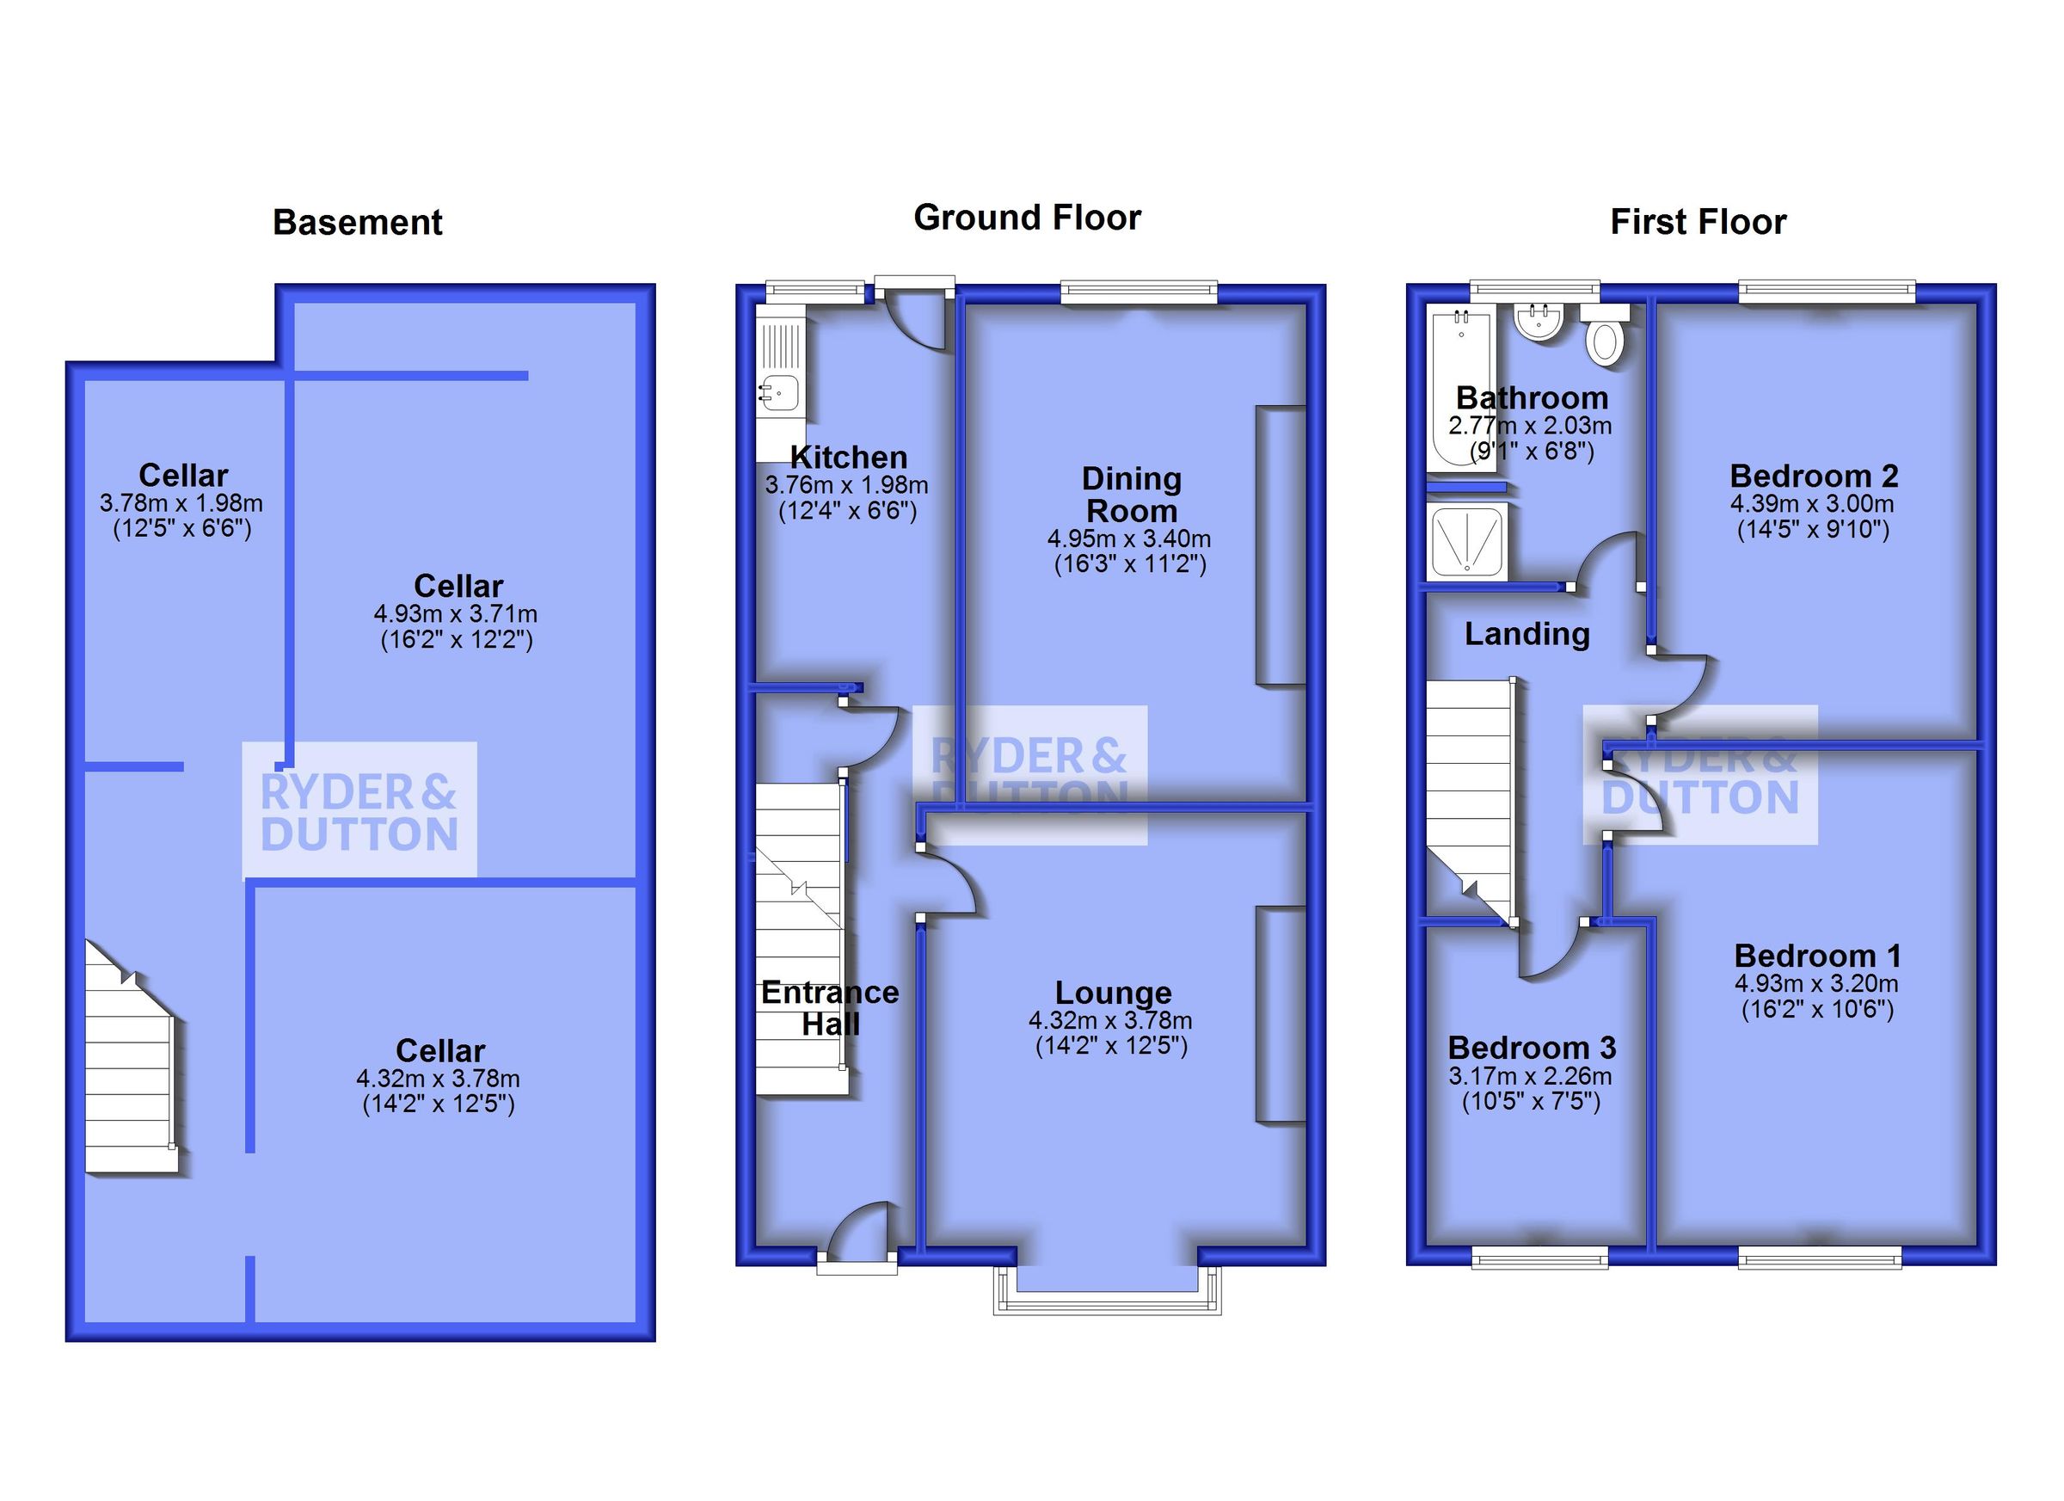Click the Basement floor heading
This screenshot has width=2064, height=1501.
click(x=357, y=223)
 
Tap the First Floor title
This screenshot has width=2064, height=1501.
click(x=1698, y=222)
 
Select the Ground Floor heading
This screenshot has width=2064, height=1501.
click(x=1027, y=218)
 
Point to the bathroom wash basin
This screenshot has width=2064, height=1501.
click(x=1538, y=322)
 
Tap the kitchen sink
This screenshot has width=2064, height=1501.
click(x=778, y=393)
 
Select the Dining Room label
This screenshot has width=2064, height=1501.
click(x=1131, y=495)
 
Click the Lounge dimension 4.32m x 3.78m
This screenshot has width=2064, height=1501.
click(x=1110, y=1020)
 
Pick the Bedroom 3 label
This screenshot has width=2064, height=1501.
click(x=1532, y=1048)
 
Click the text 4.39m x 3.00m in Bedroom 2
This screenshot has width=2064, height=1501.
click(x=1812, y=503)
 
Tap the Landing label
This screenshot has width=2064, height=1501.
click(x=1526, y=634)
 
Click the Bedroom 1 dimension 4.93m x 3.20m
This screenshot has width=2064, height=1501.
click(x=1815, y=983)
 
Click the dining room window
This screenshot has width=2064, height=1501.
click(x=1139, y=292)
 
